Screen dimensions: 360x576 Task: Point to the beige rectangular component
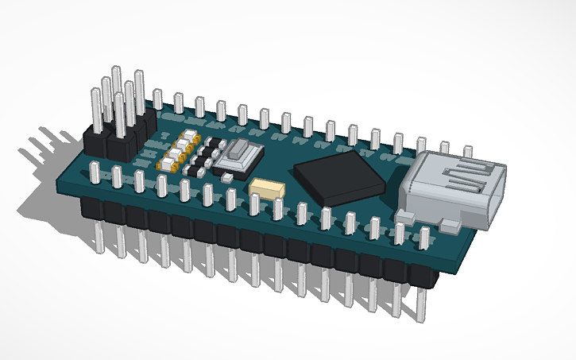click(x=267, y=189)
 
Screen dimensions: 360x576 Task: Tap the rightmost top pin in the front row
click(x=424, y=237)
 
